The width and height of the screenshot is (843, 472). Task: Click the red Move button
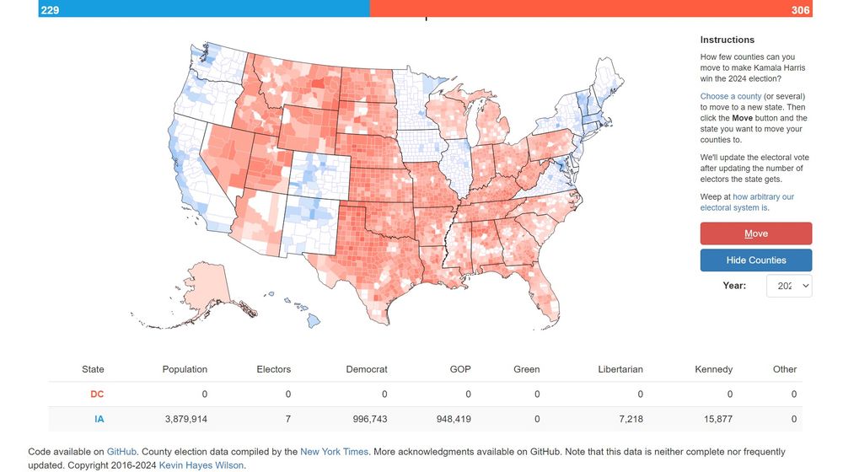[755, 233]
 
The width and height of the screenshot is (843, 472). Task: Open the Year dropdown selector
[789, 286]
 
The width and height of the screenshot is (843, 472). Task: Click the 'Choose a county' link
[731, 97]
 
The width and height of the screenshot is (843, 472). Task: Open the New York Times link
[334, 452]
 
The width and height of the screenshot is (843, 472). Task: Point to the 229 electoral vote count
[50, 9]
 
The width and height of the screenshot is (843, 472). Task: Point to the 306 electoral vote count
[800, 9]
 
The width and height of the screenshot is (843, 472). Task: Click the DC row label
[97, 394]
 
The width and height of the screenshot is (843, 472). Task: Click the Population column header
[185, 369]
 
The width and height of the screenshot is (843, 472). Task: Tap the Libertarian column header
[620, 369]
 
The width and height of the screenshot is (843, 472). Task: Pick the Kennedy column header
[713, 369]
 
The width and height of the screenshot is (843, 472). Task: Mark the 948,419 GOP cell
[449, 419]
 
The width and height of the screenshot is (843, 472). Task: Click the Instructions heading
[727, 40]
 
